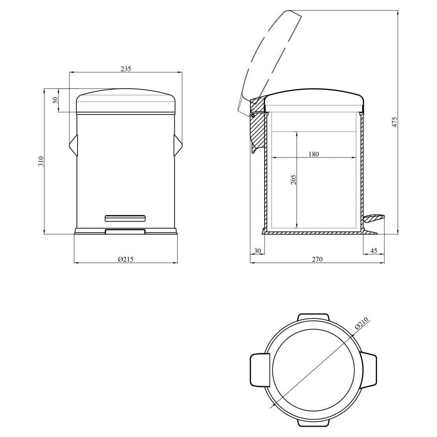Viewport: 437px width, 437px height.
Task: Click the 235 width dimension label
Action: coord(126,69)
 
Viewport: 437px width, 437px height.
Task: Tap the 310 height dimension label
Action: coord(41,161)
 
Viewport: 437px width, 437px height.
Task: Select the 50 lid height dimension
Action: coord(55,100)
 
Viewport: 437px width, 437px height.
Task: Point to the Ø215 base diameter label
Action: coord(126,259)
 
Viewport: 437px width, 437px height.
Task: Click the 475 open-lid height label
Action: coord(394,122)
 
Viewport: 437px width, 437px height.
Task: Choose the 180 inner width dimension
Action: coord(313,154)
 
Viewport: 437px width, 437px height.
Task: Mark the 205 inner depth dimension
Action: coord(293,180)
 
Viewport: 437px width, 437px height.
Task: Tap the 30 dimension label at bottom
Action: coord(257,250)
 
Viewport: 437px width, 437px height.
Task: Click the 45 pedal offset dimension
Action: coord(374,250)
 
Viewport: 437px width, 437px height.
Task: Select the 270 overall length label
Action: coord(317,259)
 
